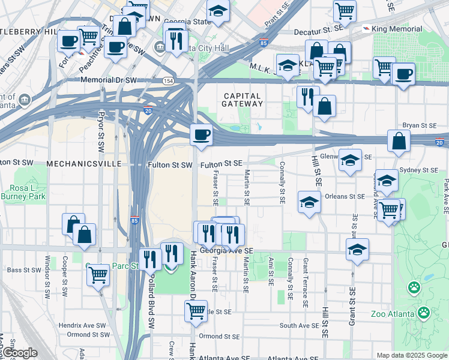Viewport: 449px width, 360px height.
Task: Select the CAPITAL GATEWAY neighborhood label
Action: coord(243,100)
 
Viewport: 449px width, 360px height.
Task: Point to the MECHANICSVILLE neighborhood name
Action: coord(80,164)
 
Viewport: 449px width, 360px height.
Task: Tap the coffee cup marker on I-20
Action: coord(202,134)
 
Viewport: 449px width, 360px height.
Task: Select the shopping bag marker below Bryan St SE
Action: coord(399,141)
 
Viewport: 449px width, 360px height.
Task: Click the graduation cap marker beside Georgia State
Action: coord(218,11)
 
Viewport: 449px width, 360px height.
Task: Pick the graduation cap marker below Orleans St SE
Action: coord(309,202)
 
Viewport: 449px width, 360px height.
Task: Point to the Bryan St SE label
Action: coord(419,125)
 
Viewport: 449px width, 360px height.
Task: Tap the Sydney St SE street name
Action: coord(418,170)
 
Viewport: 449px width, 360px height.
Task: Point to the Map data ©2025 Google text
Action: coord(412,355)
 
